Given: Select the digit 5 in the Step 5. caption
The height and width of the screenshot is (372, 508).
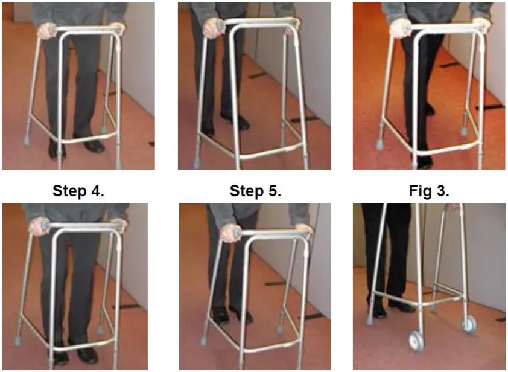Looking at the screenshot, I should tap(274, 191).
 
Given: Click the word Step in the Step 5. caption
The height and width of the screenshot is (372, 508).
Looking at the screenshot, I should tap(247, 191).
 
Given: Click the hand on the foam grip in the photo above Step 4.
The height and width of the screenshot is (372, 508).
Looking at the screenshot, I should tap(45, 30).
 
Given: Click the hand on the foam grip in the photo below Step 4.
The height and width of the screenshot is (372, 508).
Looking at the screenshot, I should tap(39, 227).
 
